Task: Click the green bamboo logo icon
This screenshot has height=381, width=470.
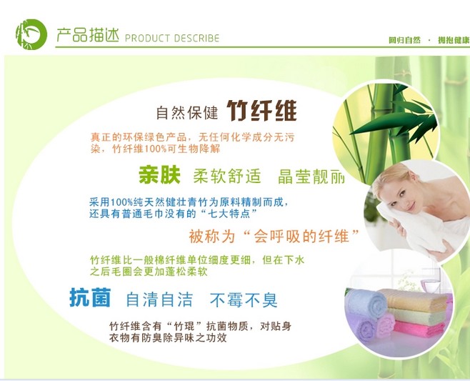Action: (31, 34)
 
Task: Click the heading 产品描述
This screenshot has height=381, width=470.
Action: (88, 35)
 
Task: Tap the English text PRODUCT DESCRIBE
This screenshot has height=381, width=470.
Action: (172, 38)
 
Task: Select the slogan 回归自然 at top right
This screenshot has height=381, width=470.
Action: (404, 40)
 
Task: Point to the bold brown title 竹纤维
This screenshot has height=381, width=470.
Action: (261, 110)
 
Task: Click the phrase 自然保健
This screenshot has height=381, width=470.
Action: (186, 112)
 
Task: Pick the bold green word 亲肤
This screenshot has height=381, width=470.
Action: (159, 175)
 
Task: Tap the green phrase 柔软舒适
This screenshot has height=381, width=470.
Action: (227, 176)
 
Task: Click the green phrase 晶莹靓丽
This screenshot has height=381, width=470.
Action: (311, 177)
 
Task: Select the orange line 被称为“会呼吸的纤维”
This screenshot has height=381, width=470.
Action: (274, 236)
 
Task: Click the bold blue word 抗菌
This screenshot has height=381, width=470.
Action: (90, 297)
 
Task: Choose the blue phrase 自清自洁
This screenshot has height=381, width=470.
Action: (159, 300)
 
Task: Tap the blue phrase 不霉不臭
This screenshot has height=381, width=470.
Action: (244, 300)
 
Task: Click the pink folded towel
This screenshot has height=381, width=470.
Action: (419, 329)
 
